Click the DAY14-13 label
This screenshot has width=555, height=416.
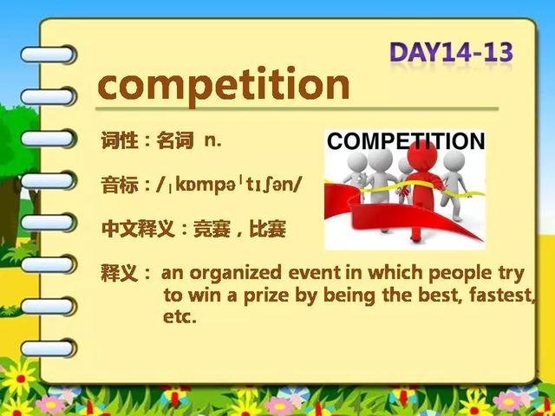(451, 52)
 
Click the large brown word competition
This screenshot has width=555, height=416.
(224, 86)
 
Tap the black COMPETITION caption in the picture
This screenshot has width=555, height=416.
(406, 140)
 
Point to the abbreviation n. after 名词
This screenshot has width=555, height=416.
(212, 140)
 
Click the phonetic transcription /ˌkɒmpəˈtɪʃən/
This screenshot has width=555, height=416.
(228, 185)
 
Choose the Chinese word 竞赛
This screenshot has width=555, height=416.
(212, 229)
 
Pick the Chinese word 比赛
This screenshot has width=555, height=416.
(268, 229)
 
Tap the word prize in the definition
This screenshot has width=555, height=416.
(266, 296)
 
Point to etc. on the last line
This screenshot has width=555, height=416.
(180, 316)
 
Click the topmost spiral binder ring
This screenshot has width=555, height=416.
(49, 55)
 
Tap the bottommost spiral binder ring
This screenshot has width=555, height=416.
(49, 348)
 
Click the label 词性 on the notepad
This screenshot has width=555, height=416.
(120, 140)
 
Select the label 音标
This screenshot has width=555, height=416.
(120, 185)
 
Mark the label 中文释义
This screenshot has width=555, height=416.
(138, 229)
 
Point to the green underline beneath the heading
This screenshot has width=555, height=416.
(297, 109)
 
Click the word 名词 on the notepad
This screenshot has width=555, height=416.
(175, 140)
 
